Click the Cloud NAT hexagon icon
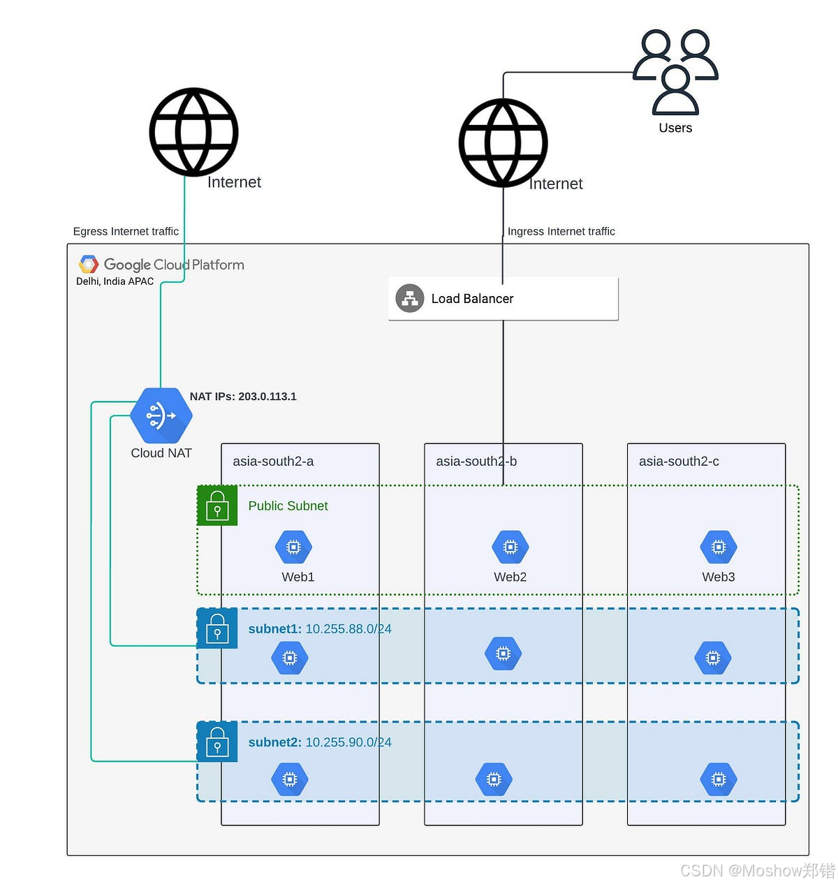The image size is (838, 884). (x=161, y=415)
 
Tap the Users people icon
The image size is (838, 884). (x=675, y=72)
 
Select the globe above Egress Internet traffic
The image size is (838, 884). (x=193, y=132)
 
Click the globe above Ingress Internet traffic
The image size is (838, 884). (x=503, y=143)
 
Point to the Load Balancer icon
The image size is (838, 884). (x=410, y=299)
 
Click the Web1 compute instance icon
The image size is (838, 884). (x=293, y=547)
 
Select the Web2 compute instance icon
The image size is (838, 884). (x=510, y=547)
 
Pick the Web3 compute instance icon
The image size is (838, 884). (x=718, y=547)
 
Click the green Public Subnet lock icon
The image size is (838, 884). (x=217, y=506)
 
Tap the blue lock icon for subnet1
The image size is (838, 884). (x=217, y=628)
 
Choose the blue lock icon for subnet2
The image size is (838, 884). (x=217, y=742)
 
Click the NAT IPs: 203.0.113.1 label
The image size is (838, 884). (x=243, y=397)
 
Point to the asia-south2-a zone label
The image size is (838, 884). (x=273, y=462)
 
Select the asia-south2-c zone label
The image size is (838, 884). (x=679, y=462)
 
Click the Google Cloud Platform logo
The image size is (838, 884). (x=89, y=265)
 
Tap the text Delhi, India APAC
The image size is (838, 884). (x=115, y=281)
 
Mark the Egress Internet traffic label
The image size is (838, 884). (x=126, y=231)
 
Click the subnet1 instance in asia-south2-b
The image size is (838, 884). (x=503, y=654)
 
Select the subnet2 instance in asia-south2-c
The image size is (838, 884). (x=718, y=779)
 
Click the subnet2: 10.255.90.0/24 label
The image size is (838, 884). (x=320, y=742)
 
